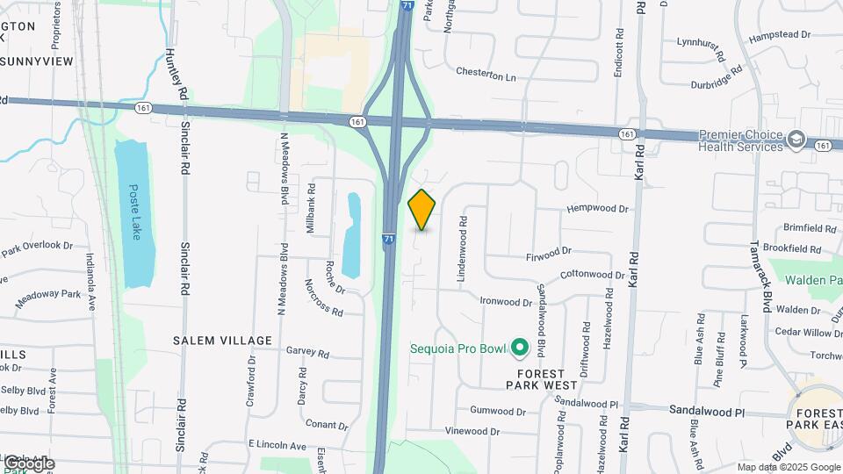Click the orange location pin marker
pos(421,209)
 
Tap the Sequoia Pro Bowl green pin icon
pos(519,348)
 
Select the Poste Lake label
pos(135,205)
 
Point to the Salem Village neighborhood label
pos(222,340)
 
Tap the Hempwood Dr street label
pos(598,209)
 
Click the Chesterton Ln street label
pos(486,76)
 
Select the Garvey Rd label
pos(307,352)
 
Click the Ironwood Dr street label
pos(507,301)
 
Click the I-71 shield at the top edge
pos(405,5)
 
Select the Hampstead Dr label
pos(780,34)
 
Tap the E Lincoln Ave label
pos(277,446)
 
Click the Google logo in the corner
pos(29,463)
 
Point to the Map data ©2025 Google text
pos(788,467)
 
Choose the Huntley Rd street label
pos(176,74)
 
